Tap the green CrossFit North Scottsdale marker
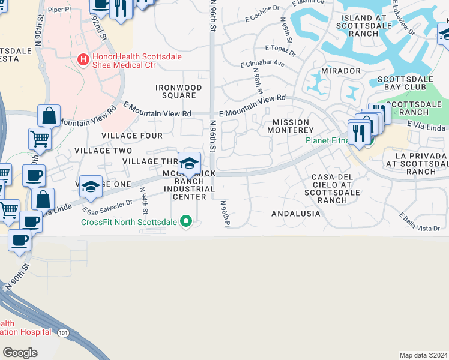tap(186, 222)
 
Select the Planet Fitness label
tap(327, 141)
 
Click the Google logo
tap(20, 353)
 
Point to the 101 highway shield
tap(62, 332)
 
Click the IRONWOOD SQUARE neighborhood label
tap(179, 91)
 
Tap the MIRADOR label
tap(341, 71)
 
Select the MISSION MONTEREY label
tap(291, 126)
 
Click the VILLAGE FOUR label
tap(132, 136)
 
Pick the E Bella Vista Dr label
tap(420, 221)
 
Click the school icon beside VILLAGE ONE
tap(91, 187)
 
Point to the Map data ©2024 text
tap(423, 355)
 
